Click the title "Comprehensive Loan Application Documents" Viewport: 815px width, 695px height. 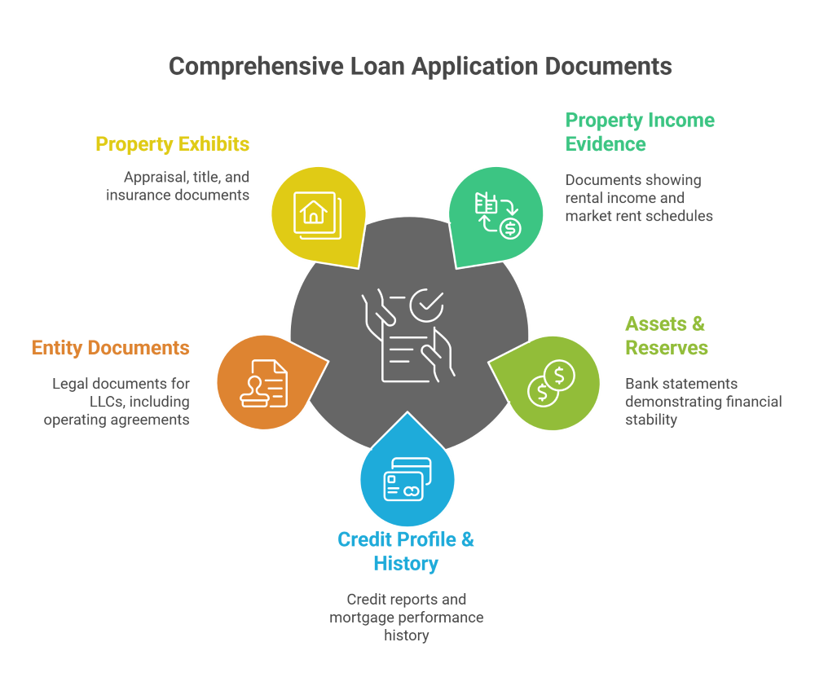(x=420, y=66)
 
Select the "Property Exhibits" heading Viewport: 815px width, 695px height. (x=173, y=145)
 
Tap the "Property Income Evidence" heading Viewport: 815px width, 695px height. (x=640, y=132)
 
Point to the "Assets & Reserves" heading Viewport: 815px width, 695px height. (x=666, y=336)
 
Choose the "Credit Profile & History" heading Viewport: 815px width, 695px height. (x=406, y=551)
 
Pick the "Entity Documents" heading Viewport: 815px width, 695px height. (x=111, y=349)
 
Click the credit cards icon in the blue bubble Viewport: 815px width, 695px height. (x=407, y=481)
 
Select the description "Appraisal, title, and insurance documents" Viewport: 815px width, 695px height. (x=178, y=186)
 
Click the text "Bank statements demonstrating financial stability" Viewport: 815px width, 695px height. (x=703, y=402)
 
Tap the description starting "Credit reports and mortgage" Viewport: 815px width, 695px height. (x=406, y=617)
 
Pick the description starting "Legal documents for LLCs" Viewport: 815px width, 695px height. (x=117, y=402)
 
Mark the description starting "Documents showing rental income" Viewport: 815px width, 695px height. (x=639, y=198)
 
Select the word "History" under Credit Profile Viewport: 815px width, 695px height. (x=406, y=563)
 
